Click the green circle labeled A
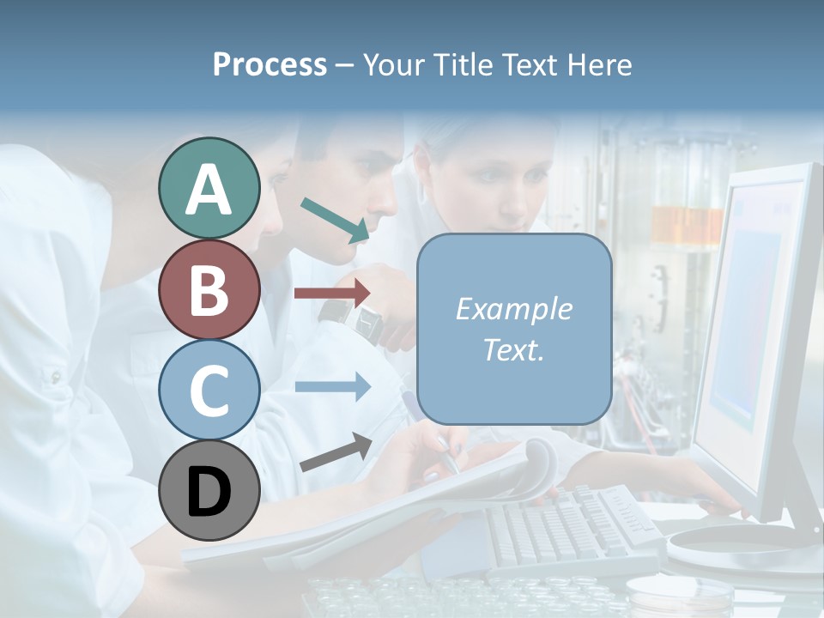click(x=209, y=189)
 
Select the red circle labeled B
click(x=209, y=289)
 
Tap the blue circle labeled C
click(x=209, y=390)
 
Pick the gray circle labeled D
click(x=209, y=490)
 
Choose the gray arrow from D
click(x=336, y=452)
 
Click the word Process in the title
click(x=270, y=64)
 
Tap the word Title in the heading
click(x=465, y=64)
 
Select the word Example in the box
click(x=513, y=309)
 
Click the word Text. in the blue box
click(x=513, y=349)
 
